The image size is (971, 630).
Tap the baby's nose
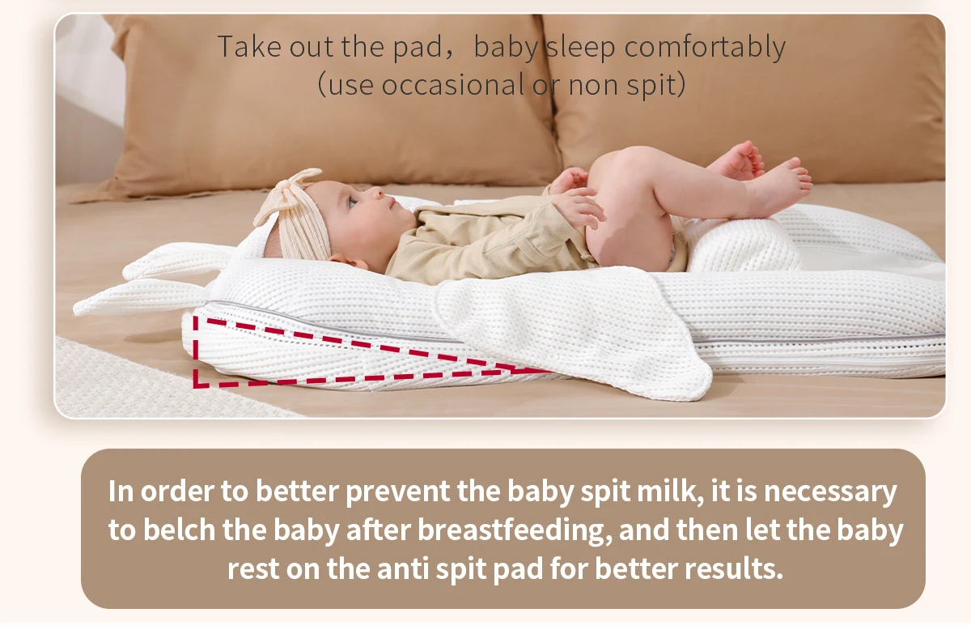coord(377,192)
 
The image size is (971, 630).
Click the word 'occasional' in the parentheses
coord(453,84)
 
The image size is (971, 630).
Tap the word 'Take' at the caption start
coord(250,46)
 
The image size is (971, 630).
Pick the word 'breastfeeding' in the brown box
coord(515,530)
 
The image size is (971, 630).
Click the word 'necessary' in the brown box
coord(830,492)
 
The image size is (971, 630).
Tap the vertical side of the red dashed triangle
coord(196,351)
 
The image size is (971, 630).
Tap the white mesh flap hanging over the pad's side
coord(572,330)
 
